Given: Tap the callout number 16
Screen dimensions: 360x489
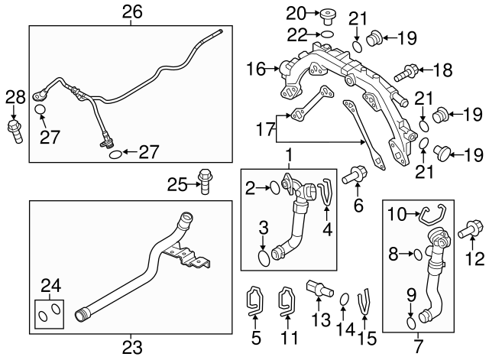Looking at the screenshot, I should [254, 70].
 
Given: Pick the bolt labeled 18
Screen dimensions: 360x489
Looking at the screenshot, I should [405, 73].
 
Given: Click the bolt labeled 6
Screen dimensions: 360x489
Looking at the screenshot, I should [355, 176].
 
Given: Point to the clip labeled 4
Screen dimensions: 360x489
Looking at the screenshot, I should [326, 192].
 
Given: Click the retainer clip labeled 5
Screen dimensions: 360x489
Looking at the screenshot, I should [254, 301].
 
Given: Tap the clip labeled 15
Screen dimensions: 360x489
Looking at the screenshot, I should [365, 299].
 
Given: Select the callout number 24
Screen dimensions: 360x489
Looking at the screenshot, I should [50, 286].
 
